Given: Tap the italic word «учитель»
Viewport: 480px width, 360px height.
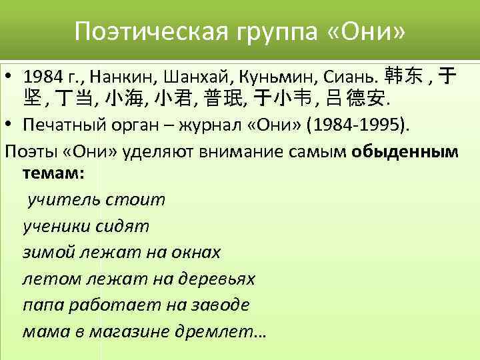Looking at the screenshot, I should pos(62,200).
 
